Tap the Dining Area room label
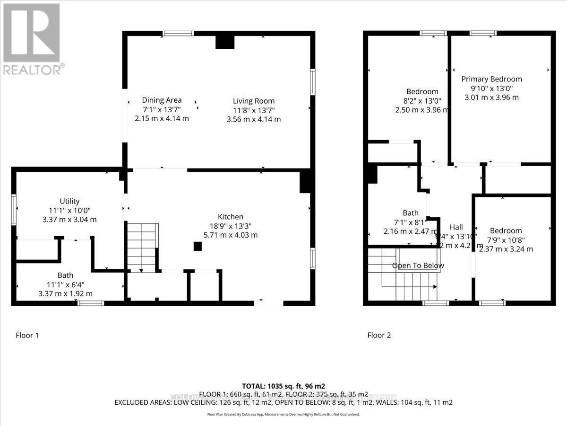[x=162, y=100]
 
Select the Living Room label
[x=253, y=101]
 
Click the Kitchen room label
[x=230, y=217]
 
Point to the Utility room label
[x=69, y=201]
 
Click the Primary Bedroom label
[x=491, y=79]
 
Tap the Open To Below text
[x=418, y=266]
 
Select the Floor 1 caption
[x=27, y=335]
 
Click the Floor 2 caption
[x=379, y=335]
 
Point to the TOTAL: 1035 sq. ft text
[x=283, y=386]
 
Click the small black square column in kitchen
[x=198, y=246]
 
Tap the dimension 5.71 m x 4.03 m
[x=230, y=235]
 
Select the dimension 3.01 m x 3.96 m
[x=491, y=98]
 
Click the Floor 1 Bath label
[x=66, y=275]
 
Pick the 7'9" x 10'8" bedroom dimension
[x=506, y=240]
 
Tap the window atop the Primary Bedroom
[x=482, y=33]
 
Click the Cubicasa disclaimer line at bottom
[x=283, y=414]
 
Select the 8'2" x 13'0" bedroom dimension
[x=422, y=100]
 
